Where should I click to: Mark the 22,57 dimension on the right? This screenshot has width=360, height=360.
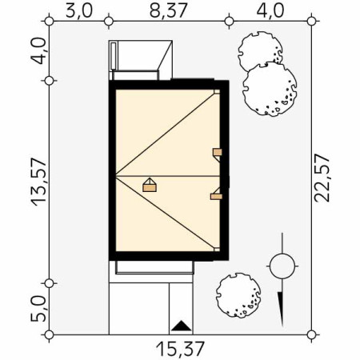[323, 179]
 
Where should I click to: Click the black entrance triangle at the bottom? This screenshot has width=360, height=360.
[182, 326]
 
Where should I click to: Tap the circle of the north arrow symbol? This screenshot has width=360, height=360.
[281, 265]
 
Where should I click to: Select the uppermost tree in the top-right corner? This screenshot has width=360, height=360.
[258, 52]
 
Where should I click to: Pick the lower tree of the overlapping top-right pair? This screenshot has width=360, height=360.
[270, 87]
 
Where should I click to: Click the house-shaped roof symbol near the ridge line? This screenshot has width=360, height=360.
[149, 185]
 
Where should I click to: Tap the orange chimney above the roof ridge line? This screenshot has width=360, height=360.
[217, 152]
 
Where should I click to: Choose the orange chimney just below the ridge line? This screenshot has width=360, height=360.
[216, 193]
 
